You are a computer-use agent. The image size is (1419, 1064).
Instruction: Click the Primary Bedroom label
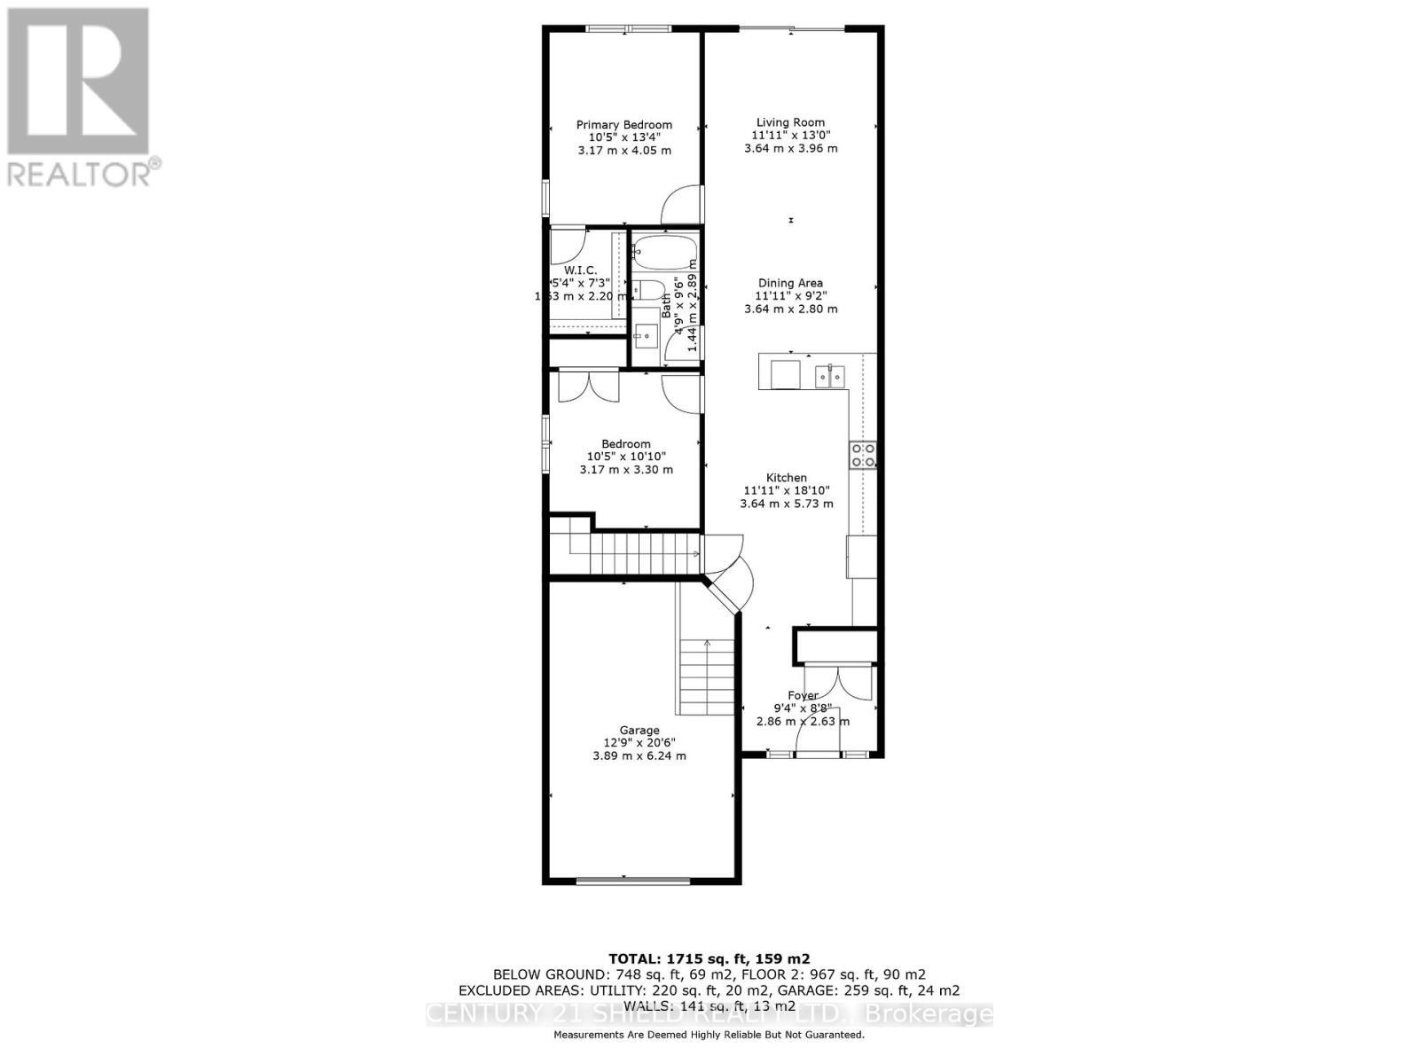click(x=623, y=125)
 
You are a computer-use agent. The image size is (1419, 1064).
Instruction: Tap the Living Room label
click(x=790, y=122)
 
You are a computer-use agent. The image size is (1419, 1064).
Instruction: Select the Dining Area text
click(x=790, y=283)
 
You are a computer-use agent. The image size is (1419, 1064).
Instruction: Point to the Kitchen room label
click(x=787, y=477)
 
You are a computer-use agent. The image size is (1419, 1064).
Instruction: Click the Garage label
click(x=639, y=730)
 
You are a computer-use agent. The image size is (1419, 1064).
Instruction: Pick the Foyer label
click(x=803, y=695)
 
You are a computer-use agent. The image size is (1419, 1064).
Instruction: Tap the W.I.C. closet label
click(x=580, y=270)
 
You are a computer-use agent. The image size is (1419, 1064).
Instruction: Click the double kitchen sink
click(x=831, y=376)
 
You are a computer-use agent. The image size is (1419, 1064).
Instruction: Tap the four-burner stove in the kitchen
click(x=863, y=455)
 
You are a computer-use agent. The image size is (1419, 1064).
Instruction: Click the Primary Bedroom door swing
click(x=681, y=206)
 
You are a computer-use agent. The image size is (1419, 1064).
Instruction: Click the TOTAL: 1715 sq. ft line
click(x=709, y=958)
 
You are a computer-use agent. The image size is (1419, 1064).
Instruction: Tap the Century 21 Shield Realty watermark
click(x=709, y=1014)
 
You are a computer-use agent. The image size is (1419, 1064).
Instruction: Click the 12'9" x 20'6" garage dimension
click(x=639, y=743)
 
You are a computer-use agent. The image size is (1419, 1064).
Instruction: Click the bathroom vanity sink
click(x=647, y=337)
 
